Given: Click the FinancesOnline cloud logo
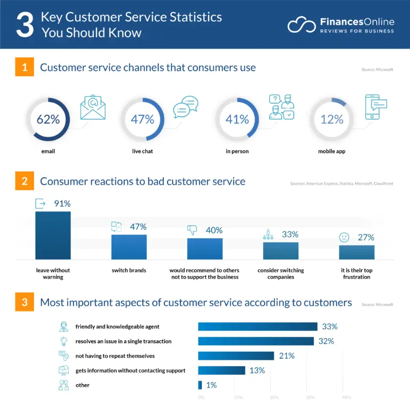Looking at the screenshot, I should (x=301, y=25).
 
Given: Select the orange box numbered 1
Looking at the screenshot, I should (x=25, y=68).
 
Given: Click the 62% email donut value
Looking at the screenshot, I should (x=48, y=120).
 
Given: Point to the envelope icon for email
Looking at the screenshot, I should (x=93, y=108).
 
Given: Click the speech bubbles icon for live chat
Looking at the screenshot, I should (x=185, y=107).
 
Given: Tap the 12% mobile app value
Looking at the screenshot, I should (x=332, y=120).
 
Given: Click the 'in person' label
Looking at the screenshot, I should (x=237, y=152).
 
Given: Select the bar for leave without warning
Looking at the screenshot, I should (x=53, y=235).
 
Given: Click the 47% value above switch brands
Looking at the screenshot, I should (x=138, y=227).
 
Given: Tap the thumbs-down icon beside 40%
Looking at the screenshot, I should (x=192, y=230).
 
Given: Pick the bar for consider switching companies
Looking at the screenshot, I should (x=281, y=250).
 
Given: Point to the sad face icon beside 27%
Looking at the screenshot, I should (x=344, y=238).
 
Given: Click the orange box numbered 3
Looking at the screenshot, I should (x=25, y=303).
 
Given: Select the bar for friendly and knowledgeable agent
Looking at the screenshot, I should (x=257, y=327).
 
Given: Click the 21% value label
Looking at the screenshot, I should (x=287, y=356).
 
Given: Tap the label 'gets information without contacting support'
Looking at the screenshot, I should (x=130, y=370).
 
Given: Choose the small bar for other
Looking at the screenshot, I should (x=200, y=385).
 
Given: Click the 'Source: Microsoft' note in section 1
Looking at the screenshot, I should (x=377, y=70).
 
